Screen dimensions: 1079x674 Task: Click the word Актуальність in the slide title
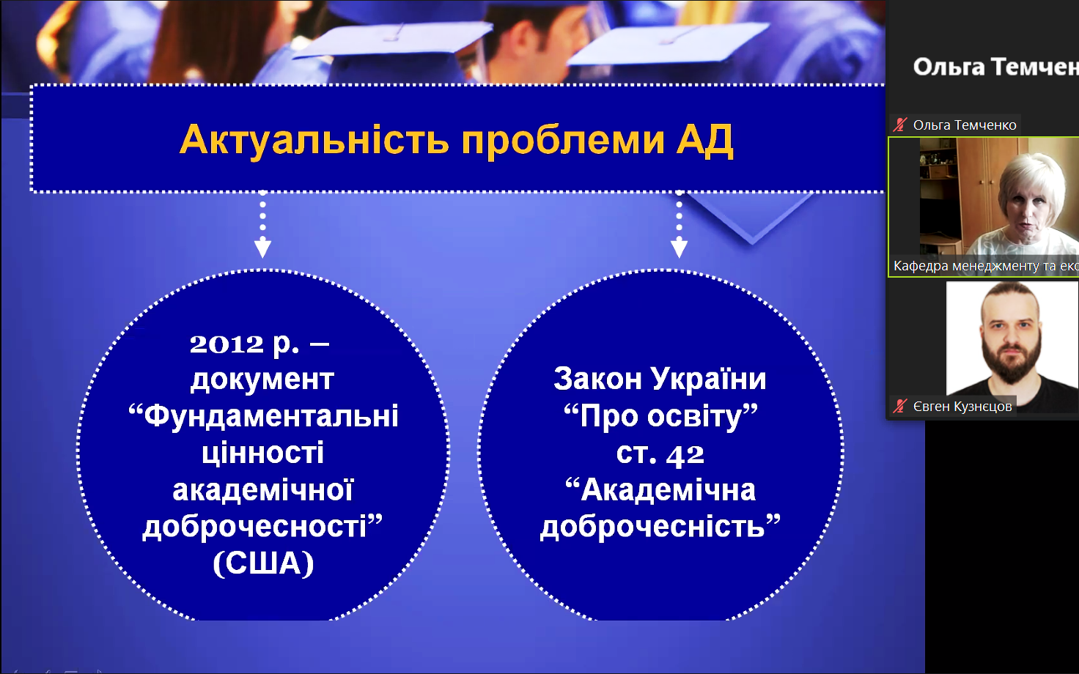pos(314,140)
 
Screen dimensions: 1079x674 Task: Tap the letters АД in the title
pos(704,140)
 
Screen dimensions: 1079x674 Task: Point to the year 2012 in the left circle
pos(227,344)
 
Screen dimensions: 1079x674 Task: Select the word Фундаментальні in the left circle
pos(271,416)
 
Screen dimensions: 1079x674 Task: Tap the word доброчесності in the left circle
pos(254,526)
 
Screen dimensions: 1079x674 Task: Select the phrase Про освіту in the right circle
pos(661,416)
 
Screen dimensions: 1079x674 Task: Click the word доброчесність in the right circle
pos(652,526)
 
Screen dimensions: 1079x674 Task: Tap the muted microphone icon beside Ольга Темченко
pos(899,125)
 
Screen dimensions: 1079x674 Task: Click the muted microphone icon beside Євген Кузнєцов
pos(899,407)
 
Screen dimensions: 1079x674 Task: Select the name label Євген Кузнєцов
pos(962,407)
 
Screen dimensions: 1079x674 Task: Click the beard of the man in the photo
pos(1011,361)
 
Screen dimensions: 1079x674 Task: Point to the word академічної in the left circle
pos(263,489)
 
